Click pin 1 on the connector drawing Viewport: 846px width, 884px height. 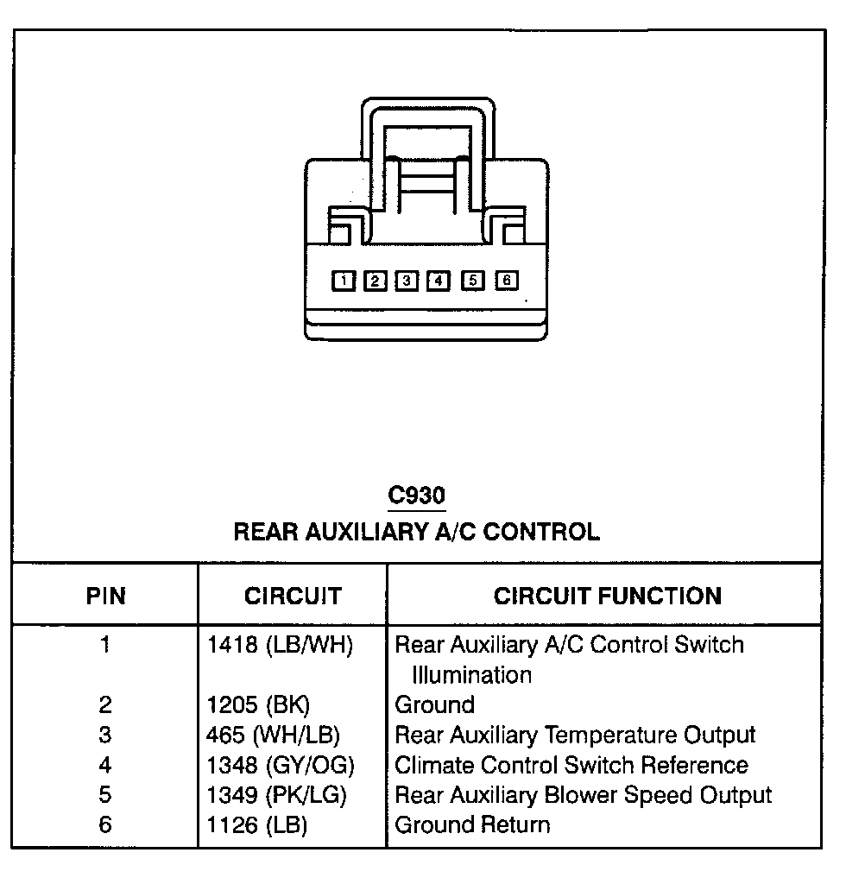344,280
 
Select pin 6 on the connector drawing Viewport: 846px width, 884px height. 507,280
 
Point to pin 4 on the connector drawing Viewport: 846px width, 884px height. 439,280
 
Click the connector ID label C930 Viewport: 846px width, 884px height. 416,496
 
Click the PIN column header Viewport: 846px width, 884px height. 105,596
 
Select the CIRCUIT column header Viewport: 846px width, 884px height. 293,596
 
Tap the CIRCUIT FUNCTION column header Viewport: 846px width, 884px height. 607,596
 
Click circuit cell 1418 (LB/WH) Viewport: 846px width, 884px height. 281,645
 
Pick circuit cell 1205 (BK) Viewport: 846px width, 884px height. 258,704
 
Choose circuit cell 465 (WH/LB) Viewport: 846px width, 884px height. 274,735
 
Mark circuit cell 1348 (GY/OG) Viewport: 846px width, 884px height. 281,765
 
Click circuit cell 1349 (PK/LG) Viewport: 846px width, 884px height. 280,794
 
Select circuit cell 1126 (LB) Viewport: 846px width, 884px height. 257,824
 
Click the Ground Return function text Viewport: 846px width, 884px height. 471,824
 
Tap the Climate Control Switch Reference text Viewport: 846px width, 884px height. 571,765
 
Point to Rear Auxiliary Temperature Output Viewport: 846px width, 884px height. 574,735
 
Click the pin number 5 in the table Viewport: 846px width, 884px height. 105,794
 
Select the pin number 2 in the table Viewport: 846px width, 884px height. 105,704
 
